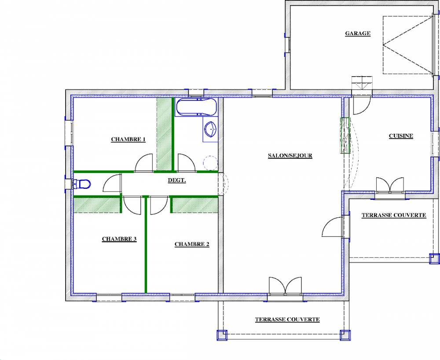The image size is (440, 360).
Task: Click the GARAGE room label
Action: [357, 33]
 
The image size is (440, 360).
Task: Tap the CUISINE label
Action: [401, 136]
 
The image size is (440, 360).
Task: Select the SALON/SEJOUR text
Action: [290, 155]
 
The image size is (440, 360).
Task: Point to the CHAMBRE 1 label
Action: [128, 139]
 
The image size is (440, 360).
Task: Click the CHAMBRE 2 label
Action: [192, 244]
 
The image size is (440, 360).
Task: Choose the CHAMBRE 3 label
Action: [119, 239]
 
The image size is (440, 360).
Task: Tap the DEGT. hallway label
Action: [177, 180]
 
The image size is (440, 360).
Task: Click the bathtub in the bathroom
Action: [196, 107]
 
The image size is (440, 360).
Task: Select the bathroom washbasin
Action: [210, 129]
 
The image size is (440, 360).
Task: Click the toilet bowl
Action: [82, 184]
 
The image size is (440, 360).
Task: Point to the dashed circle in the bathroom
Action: [210, 163]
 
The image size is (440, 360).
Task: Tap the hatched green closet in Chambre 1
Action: [164, 134]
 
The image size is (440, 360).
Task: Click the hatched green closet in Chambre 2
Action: [195, 205]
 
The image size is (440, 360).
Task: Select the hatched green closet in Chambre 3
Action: [97, 205]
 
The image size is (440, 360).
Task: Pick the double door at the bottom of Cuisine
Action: [390, 185]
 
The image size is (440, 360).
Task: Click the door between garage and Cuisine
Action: [362, 106]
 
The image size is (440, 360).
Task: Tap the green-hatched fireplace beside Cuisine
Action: [345, 135]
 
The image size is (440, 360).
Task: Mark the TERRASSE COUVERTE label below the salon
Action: [287, 320]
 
